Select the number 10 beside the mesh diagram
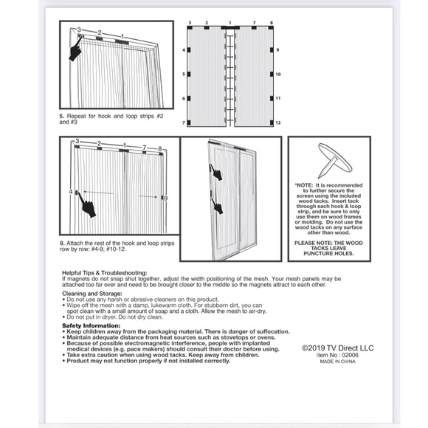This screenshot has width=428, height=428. click(x=279, y=75)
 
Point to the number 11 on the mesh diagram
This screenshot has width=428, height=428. click(x=279, y=98)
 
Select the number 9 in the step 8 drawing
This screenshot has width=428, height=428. click(x=165, y=198)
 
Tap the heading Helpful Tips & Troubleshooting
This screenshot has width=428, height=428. click(x=105, y=272)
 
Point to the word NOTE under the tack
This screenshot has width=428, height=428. click(x=305, y=185)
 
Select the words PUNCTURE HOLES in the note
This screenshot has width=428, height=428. click(x=331, y=252)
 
